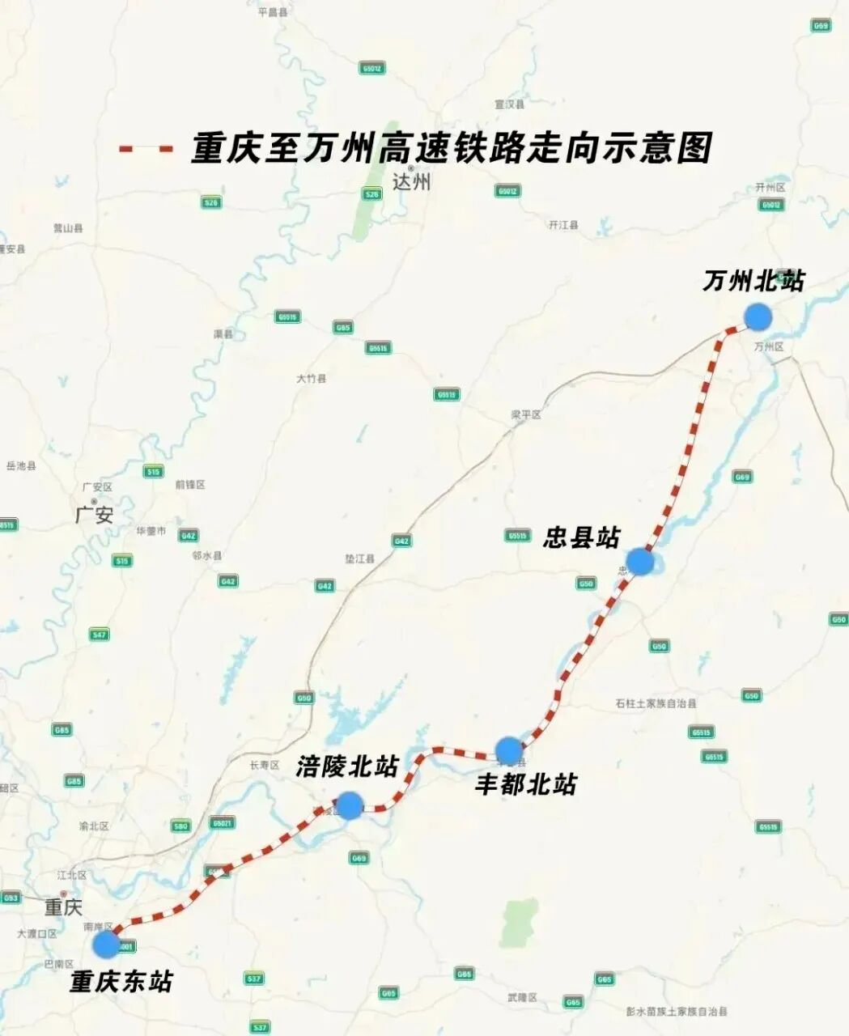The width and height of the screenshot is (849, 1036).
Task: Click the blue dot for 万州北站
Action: point(757,316)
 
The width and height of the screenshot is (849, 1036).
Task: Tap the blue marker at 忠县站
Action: point(639,561)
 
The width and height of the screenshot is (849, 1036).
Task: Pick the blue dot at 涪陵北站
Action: point(349,805)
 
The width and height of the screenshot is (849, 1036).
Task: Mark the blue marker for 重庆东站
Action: point(105,944)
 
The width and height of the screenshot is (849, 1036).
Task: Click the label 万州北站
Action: point(753,281)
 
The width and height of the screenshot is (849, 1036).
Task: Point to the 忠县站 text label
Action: point(580,537)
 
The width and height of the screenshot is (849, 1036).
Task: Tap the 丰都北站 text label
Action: point(525,783)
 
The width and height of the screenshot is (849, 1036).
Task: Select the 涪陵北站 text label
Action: point(346,766)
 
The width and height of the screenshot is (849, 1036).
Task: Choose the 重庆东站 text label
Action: point(121,982)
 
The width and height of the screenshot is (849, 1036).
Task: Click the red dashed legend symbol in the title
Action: point(146,150)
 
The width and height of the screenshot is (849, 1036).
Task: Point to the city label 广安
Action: point(94,515)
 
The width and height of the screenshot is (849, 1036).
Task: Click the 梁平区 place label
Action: point(525,414)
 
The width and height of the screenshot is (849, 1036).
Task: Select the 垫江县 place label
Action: point(360,559)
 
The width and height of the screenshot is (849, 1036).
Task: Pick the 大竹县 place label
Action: point(311,378)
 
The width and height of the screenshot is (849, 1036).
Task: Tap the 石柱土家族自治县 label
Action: point(656,703)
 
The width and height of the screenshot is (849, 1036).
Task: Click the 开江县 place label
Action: point(563,225)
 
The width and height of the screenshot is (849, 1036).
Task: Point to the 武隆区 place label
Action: point(522,997)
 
